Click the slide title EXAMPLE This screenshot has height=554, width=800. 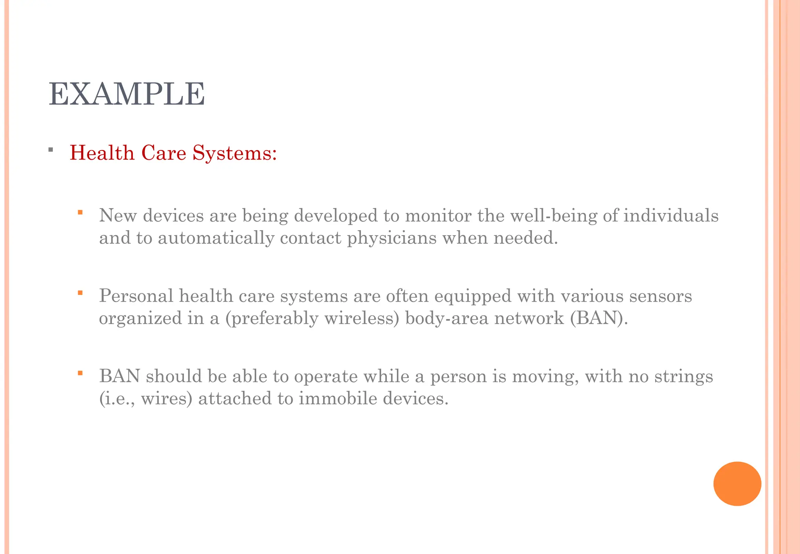click(127, 94)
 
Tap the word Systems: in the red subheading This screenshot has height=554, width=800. click(234, 153)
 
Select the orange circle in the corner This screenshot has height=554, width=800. click(737, 484)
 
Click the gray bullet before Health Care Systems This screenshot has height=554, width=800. click(51, 150)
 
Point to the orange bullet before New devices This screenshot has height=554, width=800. click(80, 213)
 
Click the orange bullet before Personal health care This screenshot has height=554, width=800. click(80, 293)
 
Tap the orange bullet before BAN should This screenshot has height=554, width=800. click(80, 373)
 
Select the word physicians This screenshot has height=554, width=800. click(391, 238)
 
